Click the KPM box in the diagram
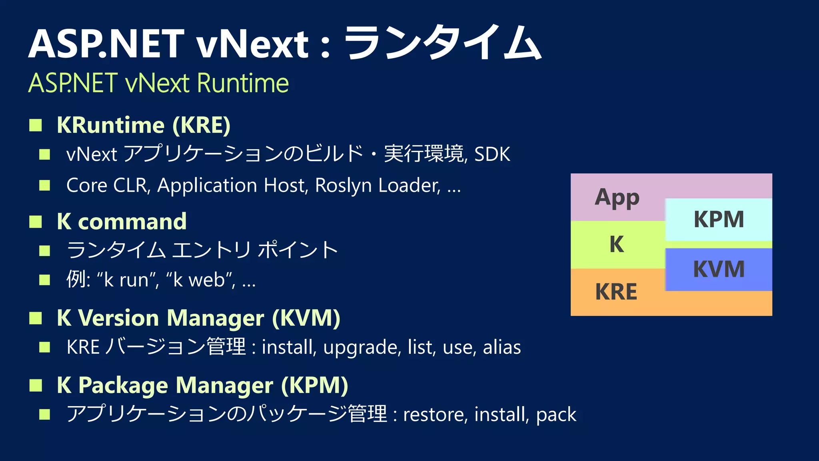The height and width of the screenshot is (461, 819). click(719, 219)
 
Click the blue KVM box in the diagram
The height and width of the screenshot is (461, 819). click(719, 269)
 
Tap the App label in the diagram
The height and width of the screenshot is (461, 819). click(617, 198)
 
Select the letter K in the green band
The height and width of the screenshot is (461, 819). click(617, 244)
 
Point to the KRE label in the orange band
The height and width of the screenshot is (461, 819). click(616, 292)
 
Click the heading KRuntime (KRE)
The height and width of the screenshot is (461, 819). click(144, 125)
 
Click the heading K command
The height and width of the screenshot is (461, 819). click(122, 221)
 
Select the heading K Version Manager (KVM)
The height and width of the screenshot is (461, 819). click(198, 318)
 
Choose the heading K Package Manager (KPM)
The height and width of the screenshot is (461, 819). click(202, 385)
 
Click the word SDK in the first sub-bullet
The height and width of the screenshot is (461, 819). click(492, 154)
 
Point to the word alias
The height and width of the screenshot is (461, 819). click(502, 347)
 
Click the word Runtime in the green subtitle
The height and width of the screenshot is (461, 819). click(243, 83)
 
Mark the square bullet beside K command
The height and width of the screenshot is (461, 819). click(36, 221)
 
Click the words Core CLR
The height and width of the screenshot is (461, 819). click(108, 186)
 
